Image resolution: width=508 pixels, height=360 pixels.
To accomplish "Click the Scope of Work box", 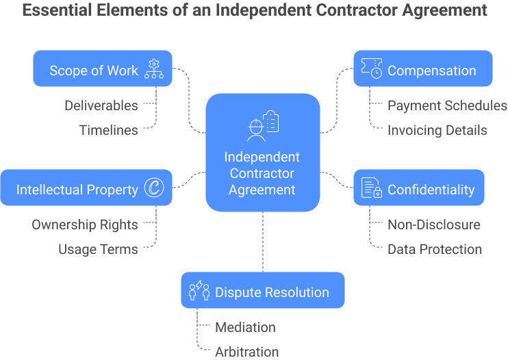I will (103, 69).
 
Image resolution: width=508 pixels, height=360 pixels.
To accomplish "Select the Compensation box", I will (422, 69).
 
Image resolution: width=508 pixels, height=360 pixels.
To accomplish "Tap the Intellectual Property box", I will (86, 188).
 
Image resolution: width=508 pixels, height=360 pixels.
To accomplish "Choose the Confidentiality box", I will (418, 188).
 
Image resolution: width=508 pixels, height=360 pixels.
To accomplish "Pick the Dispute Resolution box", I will (262, 292).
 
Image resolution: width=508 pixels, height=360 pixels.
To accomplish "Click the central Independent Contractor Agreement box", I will (262, 152).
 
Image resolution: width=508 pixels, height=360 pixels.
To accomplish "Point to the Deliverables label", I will (101, 105).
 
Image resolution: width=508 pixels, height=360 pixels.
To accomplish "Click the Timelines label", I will (108, 130).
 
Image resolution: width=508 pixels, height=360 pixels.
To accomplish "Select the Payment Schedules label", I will (447, 105).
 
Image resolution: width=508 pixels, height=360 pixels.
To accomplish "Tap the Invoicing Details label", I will (437, 130).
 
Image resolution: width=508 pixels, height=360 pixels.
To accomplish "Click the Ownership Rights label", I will (85, 224).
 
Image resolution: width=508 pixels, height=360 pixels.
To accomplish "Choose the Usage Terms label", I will (98, 249).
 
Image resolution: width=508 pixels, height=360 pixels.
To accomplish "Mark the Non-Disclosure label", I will (434, 224).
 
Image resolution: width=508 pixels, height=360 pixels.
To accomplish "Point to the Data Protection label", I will (435, 249).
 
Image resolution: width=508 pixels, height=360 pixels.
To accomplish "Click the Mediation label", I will (245, 327).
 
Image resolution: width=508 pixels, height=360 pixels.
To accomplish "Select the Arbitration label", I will (247, 352).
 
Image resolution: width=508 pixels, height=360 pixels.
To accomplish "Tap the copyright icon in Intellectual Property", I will (154, 189).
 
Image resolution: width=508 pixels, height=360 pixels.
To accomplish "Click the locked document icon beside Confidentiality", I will (372, 189).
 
